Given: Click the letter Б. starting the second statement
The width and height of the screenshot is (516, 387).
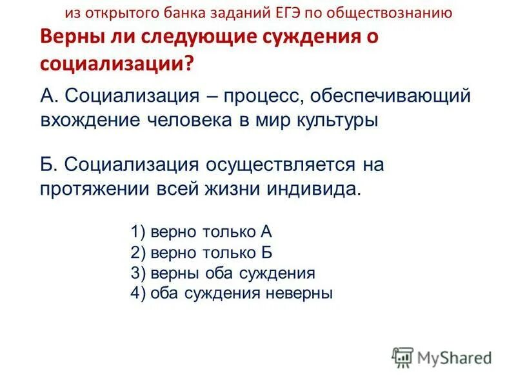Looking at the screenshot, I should click(x=49, y=165).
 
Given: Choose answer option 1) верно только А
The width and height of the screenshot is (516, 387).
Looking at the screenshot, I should click(x=206, y=232).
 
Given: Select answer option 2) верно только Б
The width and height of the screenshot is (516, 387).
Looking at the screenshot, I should click(x=206, y=252).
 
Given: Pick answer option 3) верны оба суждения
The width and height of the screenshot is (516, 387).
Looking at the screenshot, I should click(x=223, y=273).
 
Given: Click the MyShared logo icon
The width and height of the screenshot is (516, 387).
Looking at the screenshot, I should click(x=402, y=357).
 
